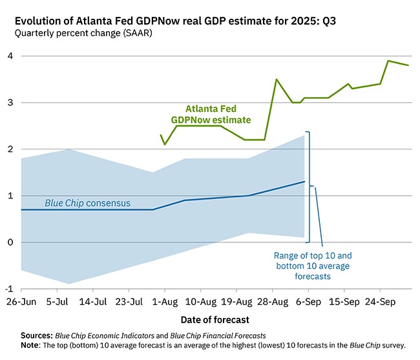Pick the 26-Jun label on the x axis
(x=21, y=302)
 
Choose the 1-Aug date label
(x=165, y=302)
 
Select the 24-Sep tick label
(x=380, y=302)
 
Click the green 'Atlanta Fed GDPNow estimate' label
(x=211, y=114)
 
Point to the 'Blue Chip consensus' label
(x=87, y=203)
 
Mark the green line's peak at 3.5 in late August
(x=277, y=79)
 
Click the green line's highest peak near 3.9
(x=388, y=61)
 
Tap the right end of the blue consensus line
(x=304, y=182)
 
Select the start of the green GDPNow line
(x=161, y=135)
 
